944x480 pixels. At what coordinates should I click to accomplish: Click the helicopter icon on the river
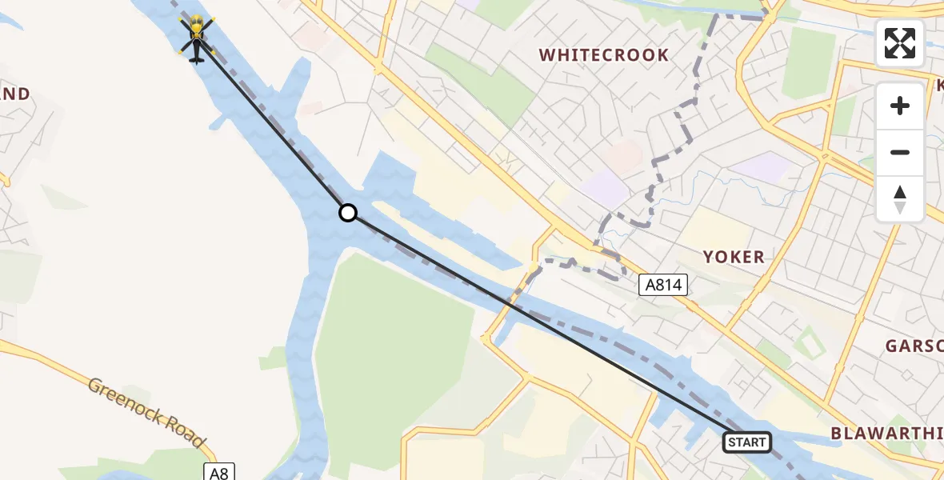(196, 38)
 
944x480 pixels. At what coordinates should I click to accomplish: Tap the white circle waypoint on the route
(347, 213)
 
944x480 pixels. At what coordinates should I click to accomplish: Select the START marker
(746, 442)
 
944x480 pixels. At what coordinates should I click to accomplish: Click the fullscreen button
(900, 43)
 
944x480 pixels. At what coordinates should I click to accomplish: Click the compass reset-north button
(900, 199)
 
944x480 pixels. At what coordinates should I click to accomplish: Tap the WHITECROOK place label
(603, 55)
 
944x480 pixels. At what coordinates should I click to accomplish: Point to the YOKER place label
(733, 257)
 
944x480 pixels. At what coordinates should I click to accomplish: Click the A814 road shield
(663, 284)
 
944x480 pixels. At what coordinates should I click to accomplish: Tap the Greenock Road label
(147, 412)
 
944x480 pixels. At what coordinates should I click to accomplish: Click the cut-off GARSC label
(914, 346)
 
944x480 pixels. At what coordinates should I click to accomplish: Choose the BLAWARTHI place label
(886, 433)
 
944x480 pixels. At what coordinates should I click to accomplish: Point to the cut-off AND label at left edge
(15, 94)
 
